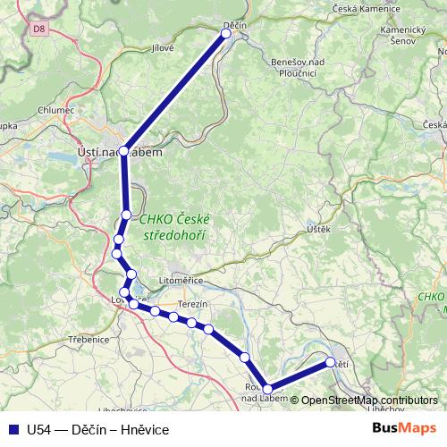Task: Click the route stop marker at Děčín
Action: (x=226, y=34)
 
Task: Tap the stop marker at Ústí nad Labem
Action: (x=124, y=151)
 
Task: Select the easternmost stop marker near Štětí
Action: (x=330, y=362)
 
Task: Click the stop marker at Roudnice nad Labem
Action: (x=267, y=389)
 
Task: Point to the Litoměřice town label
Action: (x=182, y=281)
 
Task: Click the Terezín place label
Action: (x=192, y=304)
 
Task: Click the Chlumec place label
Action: (x=55, y=111)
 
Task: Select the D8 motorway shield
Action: (x=37, y=29)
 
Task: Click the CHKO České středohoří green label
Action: (x=174, y=228)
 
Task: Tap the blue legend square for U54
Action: (x=13, y=430)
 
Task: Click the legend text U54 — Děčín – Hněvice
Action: (x=98, y=430)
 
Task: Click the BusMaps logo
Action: (x=405, y=429)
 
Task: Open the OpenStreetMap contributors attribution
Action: (x=369, y=400)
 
